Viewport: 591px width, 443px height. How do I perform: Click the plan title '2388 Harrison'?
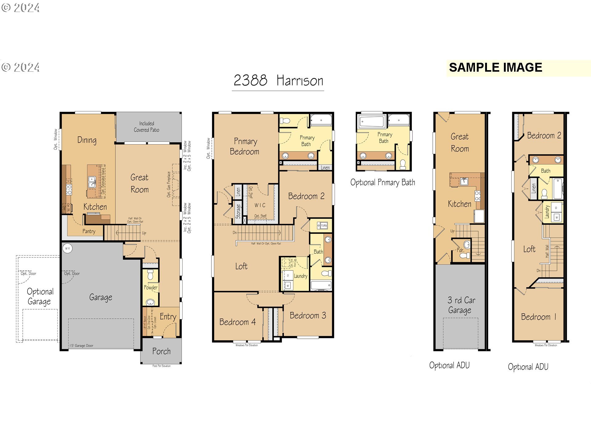(278, 81)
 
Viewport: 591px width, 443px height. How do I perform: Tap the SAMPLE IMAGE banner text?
(495, 67)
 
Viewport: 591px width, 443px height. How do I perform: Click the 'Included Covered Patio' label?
(147, 127)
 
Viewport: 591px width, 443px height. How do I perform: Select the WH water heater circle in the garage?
(67, 248)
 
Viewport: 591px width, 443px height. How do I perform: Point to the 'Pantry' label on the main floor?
(89, 231)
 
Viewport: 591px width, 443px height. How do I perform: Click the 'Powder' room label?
(151, 287)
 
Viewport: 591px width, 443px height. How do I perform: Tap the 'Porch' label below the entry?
(161, 351)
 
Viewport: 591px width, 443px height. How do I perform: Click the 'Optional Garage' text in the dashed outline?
(40, 297)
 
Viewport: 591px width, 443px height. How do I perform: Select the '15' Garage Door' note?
(81, 345)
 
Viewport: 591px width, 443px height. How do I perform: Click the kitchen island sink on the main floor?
(92, 182)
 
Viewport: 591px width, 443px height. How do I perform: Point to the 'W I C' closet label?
(260, 205)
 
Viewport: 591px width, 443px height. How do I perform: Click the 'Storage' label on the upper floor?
(238, 211)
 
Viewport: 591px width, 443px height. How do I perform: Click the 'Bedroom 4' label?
(237, 322)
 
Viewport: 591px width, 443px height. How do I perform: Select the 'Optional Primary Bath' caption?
(383, 182)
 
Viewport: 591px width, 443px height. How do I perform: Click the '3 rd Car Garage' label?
(461, 305)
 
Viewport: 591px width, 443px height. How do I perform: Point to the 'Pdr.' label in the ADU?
(460, 250)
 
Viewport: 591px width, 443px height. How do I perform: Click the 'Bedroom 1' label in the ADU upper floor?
(538, 317)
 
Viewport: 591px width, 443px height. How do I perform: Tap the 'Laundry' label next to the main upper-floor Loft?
(300, 276)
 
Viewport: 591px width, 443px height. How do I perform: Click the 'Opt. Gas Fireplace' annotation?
(169, 184)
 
